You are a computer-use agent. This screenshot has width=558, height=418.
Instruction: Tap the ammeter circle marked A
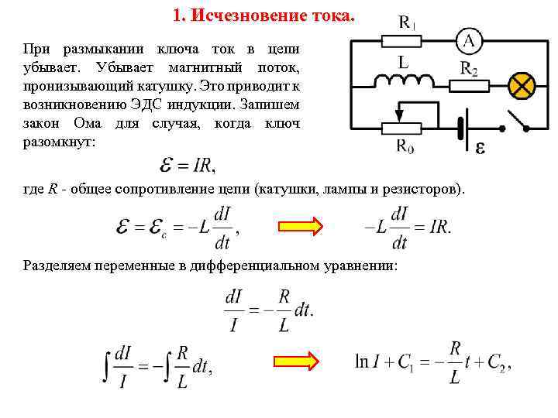(468, 40)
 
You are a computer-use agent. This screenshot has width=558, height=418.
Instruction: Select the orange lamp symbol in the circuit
(522, 82)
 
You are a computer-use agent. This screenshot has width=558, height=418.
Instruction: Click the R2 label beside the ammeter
(469, 68)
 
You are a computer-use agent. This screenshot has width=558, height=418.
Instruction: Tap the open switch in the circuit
(518, 120)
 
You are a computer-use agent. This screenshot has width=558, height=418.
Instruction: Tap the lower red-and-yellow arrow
(299, 361)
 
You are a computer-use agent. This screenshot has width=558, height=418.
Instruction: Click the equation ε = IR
(187, 164)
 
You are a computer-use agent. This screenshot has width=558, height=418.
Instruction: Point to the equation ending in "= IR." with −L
(407, 228)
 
